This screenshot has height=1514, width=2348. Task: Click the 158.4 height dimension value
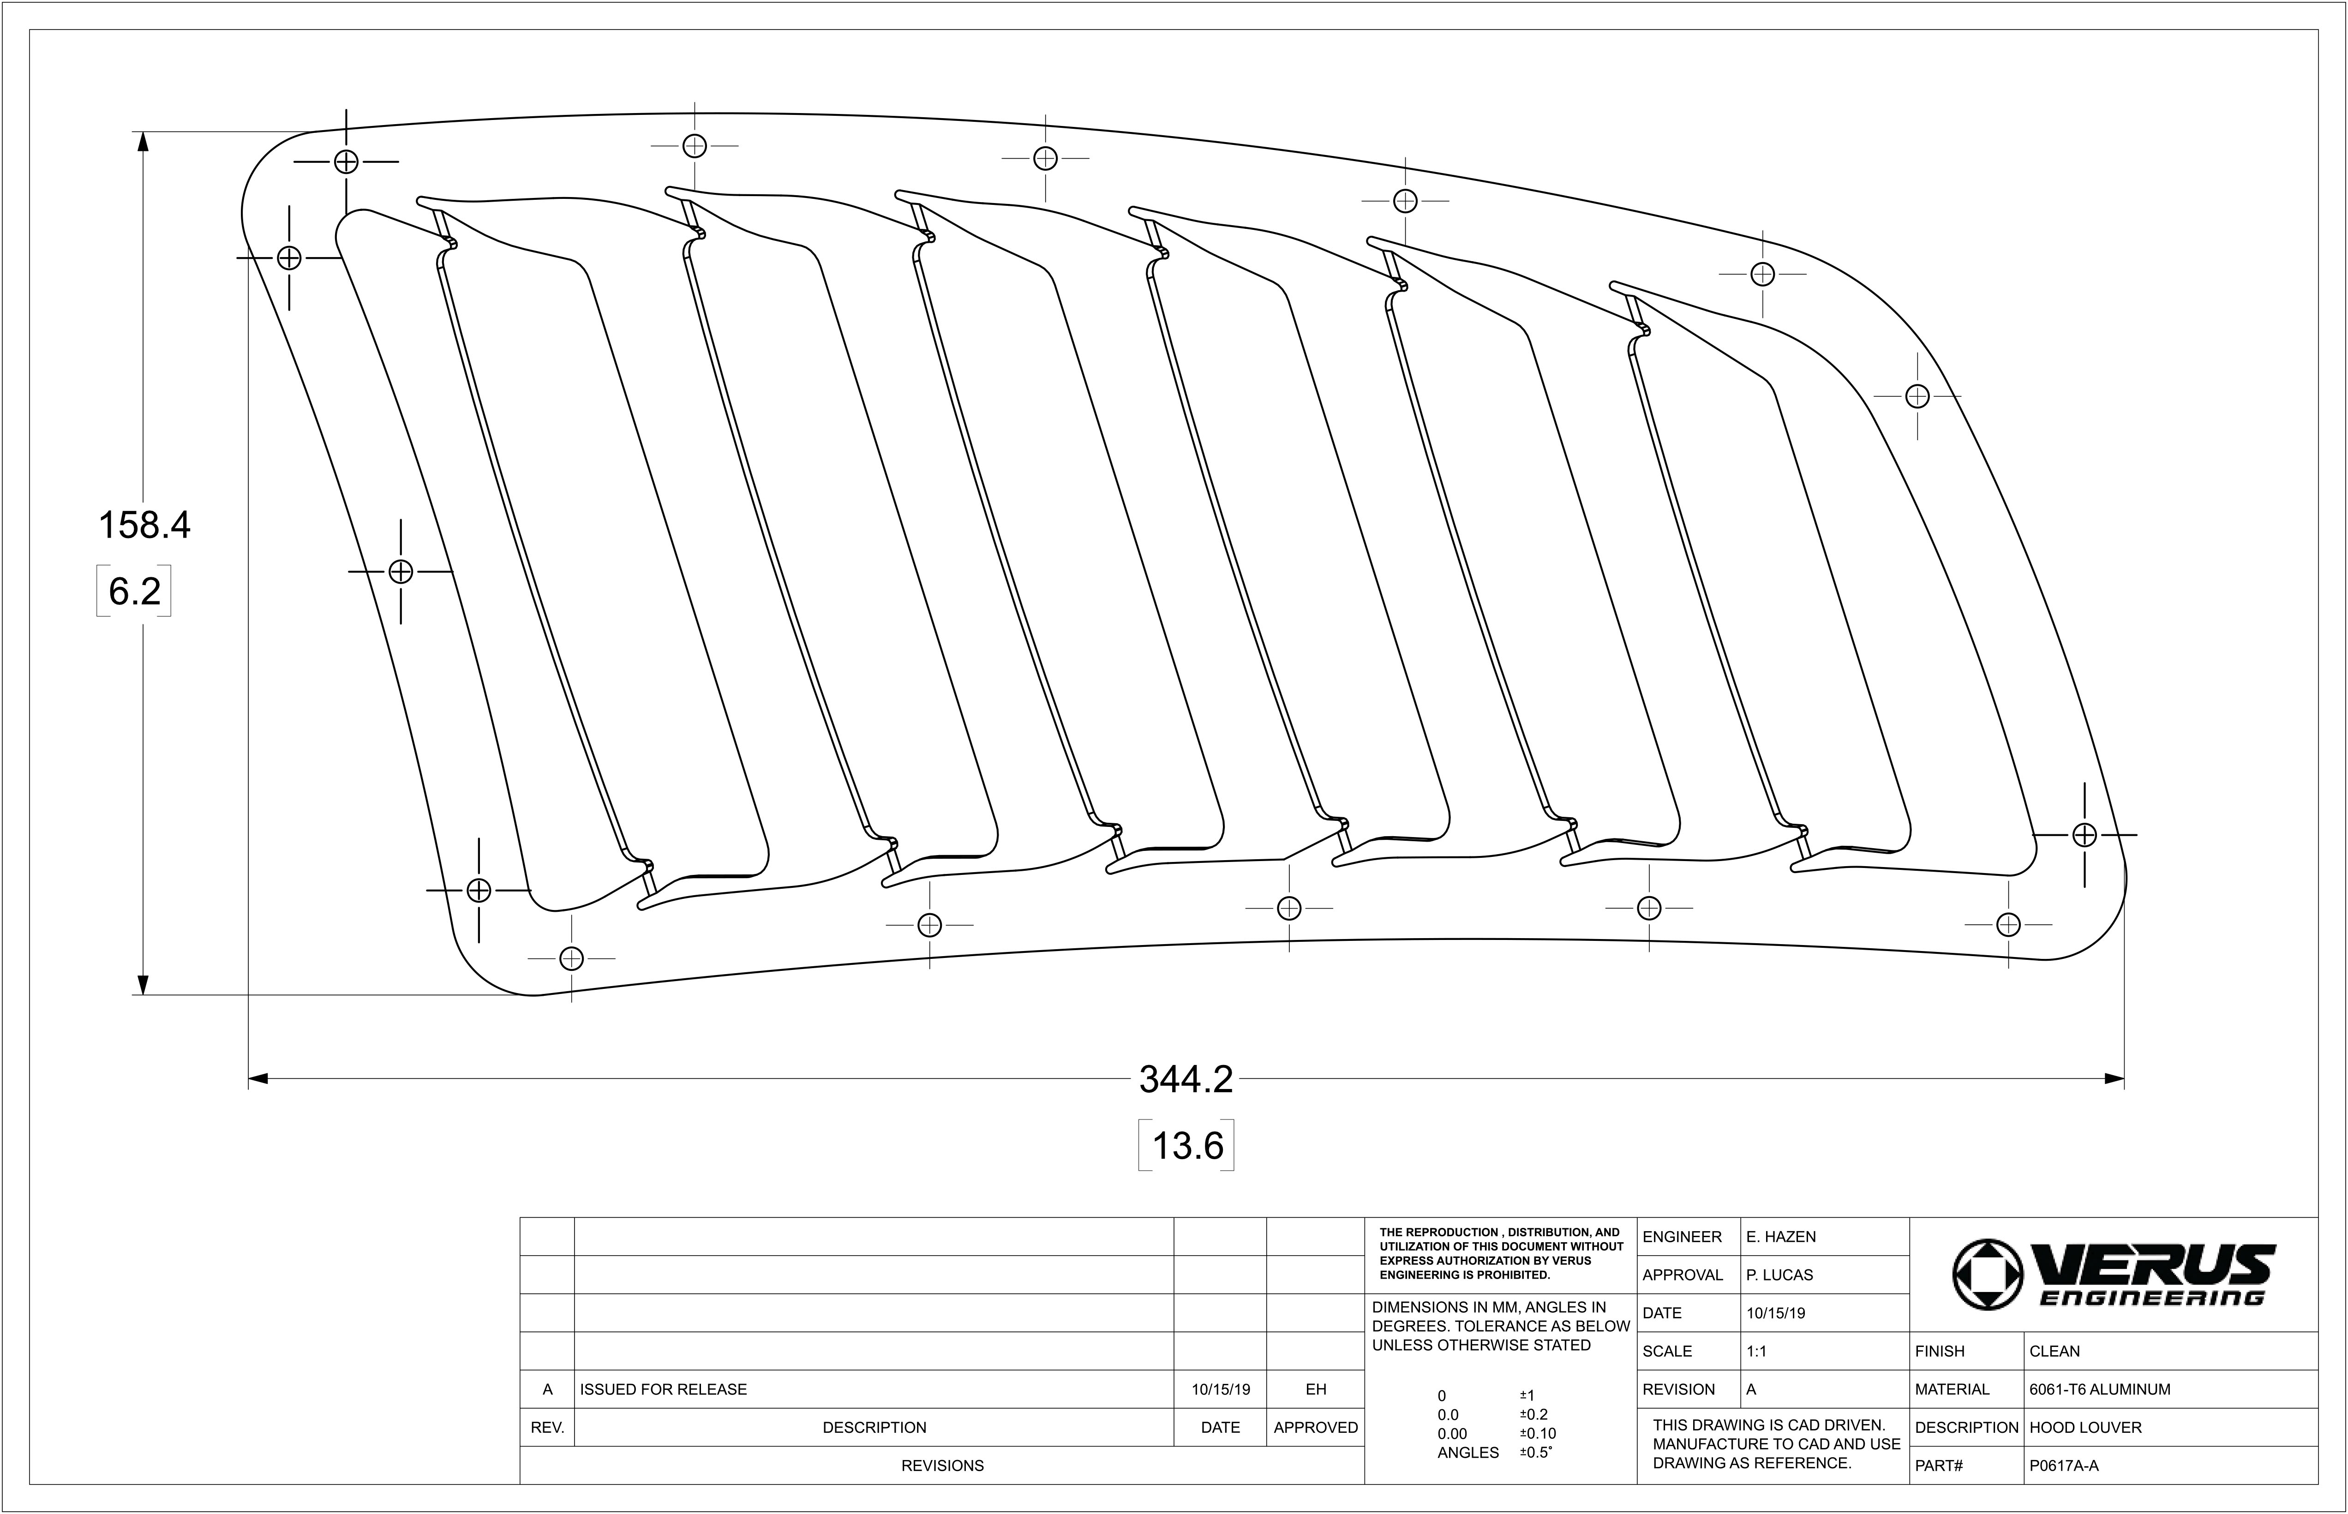(144, 525)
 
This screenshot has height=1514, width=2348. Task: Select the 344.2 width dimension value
(1186, 1079)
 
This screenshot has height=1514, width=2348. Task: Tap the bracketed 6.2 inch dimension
(135, 591)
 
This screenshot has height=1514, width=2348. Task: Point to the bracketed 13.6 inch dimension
(1187, 1145)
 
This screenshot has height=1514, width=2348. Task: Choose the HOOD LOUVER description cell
(2084, 1428)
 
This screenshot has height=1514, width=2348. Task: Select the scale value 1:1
(1756, 1351)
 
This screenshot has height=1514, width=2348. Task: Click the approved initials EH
(1316, 1389)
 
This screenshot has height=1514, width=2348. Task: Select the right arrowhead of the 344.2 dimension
(2114, 1079)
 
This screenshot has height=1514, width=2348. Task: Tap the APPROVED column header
(1316, 1428)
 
